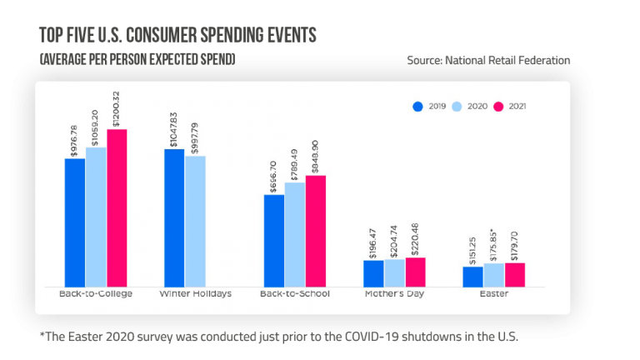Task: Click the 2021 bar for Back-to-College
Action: (x=117, y=208)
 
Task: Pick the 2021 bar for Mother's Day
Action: (x=415, y=272)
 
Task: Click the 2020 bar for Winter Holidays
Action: (x=195, y=222)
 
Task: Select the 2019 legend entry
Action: (x=432, y=107)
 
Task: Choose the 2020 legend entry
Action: (x=471, y=107)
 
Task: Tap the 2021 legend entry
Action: (x=511, y=107)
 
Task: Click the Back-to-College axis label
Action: (x=96, y=294)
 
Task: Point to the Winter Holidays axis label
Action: (x=195, y=294)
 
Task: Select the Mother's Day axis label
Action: (x=394, y=294)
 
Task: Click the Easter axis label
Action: (x=493, y=294)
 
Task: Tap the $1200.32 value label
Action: (x=117, y=108)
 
